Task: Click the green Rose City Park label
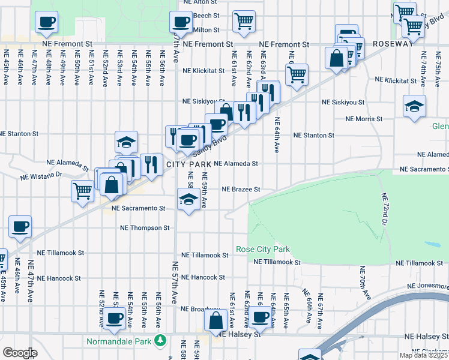click(263, 249)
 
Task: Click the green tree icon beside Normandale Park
click(160, 341)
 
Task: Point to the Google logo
click(19, 353)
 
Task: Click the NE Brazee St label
click(241, 189)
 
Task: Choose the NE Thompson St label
click(145, 228)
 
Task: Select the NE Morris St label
click(364, 119)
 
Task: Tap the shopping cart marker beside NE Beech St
click(244, 22)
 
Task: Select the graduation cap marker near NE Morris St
click(414, 106)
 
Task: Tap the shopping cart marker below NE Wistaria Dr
click(82, 191)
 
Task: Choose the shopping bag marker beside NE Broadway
click(215, 320)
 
